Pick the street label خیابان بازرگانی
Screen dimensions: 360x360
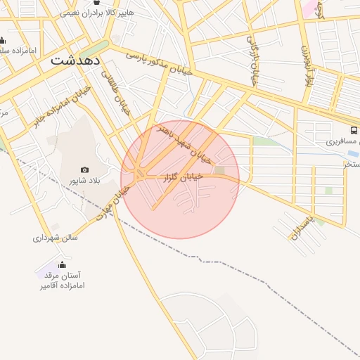[x=252, y=60]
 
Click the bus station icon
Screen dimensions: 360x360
[x=353, y=130]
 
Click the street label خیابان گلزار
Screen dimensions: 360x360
[x=184, y=177]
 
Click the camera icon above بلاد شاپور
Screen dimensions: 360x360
[x=85, y=169]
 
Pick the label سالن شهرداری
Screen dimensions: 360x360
[x=55, y=238]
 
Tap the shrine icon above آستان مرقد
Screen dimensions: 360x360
[x=62, y=264]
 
